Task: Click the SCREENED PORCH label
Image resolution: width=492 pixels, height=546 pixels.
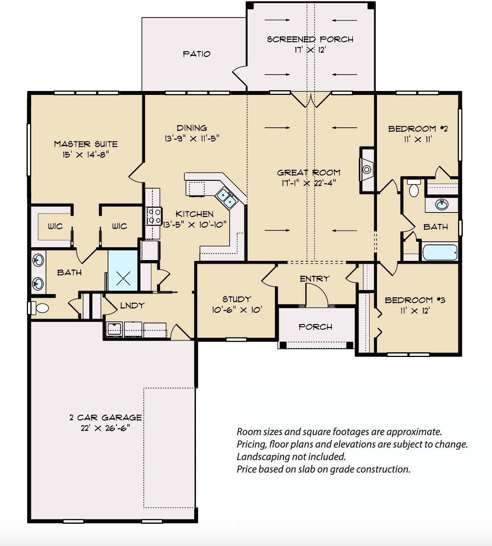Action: pyautogui.click(x=310, y=39)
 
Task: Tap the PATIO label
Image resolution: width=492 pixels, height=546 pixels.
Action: pyautogui.click(x=196, y=54)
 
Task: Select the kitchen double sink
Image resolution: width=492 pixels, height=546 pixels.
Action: pyautogui.click(x=226, y=198)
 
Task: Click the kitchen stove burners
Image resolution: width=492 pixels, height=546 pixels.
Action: pyautogui.click(x=154, y=216)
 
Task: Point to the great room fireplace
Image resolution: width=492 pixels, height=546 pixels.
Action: pyautogui.click(x=367, y=170)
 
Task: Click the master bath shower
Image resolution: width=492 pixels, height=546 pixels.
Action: pyautogui.click(x=123, y=271)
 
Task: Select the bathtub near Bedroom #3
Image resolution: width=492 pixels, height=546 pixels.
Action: pyautogui.click(x=439, y=252)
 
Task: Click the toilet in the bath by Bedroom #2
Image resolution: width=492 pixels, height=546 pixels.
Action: pyautogui.click(x=414, y=188)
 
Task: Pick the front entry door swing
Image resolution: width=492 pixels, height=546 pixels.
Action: pyautogui.click(x=317, y=294)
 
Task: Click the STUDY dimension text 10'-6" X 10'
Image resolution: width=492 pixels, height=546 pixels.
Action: pyautogui.click(x=237, y=310)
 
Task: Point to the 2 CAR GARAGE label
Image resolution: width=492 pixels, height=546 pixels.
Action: pyautogui.click(x=106, y=418)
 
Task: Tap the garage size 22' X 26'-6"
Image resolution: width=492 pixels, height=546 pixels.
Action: pyautogui.click(x=106, y=428)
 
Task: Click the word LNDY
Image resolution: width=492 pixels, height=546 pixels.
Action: pyautogui.click(x=132, y=305)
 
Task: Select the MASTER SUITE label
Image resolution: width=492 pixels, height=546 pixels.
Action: pyautogui.click(x=86, y=144)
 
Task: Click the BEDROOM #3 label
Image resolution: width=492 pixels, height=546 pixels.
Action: pyautogui.click(x=415, y=300)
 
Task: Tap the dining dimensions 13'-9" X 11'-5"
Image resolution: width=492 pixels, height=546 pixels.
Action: pyautogui.click(x=192, y=139)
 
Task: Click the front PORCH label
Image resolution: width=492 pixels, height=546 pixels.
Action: pyautogui.click(x=315, y=327)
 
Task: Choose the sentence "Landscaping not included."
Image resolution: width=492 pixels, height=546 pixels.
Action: pyautogui.click(x=291, y=457)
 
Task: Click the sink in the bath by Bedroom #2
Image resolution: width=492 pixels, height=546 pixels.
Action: pyautogui.click(x=442, y=204)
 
